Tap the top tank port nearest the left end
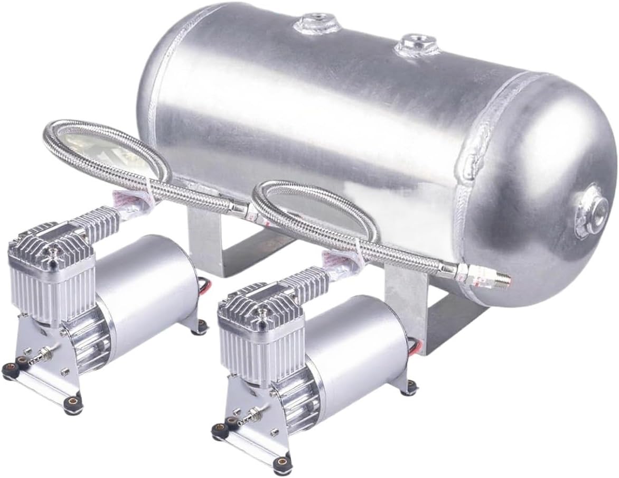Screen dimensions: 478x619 [x=317, y=22]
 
